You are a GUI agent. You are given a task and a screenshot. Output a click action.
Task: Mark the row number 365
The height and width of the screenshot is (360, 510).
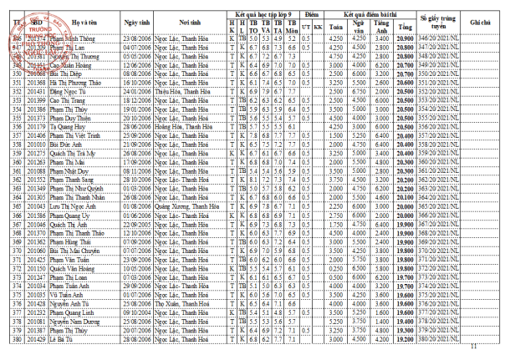click(x=17, y=205)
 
